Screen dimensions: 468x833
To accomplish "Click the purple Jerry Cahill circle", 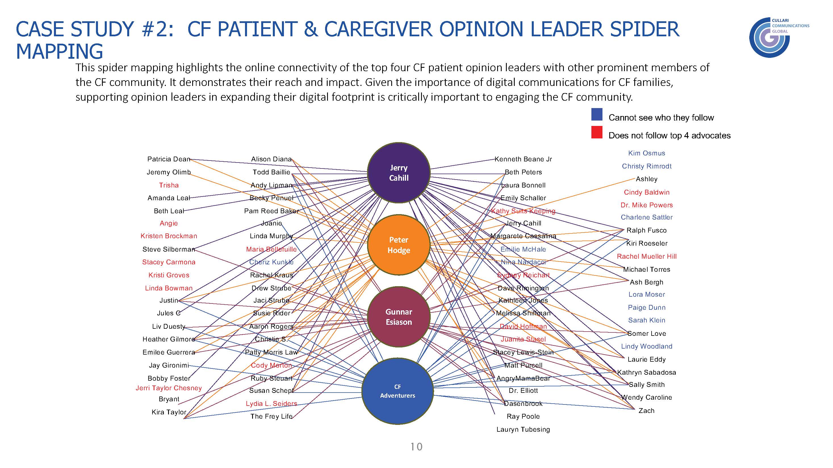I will point(398,173).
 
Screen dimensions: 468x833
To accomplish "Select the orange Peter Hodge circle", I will point(398,245).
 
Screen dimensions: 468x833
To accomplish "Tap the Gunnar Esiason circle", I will point(398,317).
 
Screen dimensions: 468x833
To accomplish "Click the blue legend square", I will point(597,114).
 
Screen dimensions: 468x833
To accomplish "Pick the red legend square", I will point(597,132).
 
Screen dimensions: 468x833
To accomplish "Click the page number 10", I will point(416,447).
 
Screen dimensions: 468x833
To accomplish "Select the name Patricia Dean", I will point(168,159).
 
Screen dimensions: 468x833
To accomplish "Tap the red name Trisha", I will point(168,185).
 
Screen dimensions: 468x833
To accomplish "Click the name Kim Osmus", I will point(646,153).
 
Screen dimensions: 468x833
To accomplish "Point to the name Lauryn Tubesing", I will point(523,429).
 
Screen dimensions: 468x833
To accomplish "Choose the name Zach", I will point(646,410).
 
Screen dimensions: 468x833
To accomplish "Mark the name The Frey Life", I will point(271,416).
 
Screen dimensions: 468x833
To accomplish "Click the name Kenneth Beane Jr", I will point(523,159).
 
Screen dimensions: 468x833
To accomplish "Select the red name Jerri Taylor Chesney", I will point(168,388).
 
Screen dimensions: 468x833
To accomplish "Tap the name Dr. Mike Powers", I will point(646,205).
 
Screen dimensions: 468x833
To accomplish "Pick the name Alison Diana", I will point(271,159).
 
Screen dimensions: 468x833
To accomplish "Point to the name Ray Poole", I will point(523,416).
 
